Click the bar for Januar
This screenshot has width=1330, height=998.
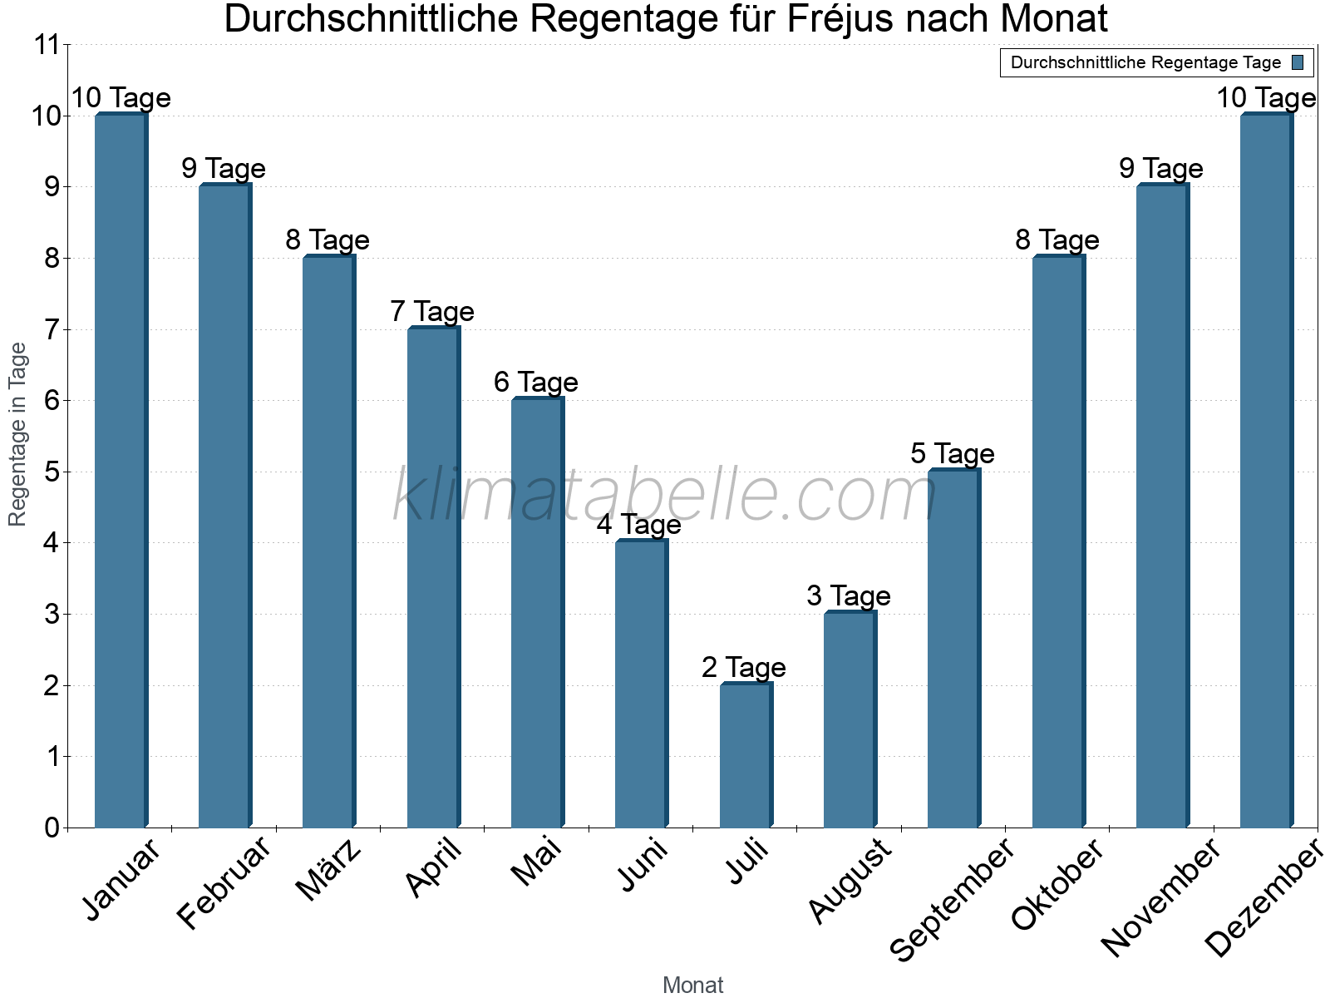click(x=121, y=470)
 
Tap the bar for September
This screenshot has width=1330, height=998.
click(x=953, y=648)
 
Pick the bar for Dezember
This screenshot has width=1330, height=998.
click(x=1266, y=470)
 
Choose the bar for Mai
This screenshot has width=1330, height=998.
click(x=537, y=612)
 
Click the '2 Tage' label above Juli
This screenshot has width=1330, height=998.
click(x=744, y=667)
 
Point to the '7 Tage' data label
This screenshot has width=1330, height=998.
click(x=432, y=311)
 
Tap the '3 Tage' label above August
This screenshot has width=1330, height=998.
click(x=849, y=595)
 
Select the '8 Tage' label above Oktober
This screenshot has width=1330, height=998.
click(x=1057, y=240)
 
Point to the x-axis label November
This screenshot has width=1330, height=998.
click(x=1160, y=897)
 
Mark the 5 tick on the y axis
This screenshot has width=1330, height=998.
click(x=52, y=472)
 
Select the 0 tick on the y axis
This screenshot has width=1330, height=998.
click(x=52, y=828)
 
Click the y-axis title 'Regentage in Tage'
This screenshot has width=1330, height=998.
click(x=17, y=434)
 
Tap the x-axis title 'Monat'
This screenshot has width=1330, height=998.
click(x=692, y=985)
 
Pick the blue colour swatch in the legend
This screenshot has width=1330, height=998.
click(x=1298, y=62)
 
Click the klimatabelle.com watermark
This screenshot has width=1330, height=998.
click(x=665, y=495)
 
